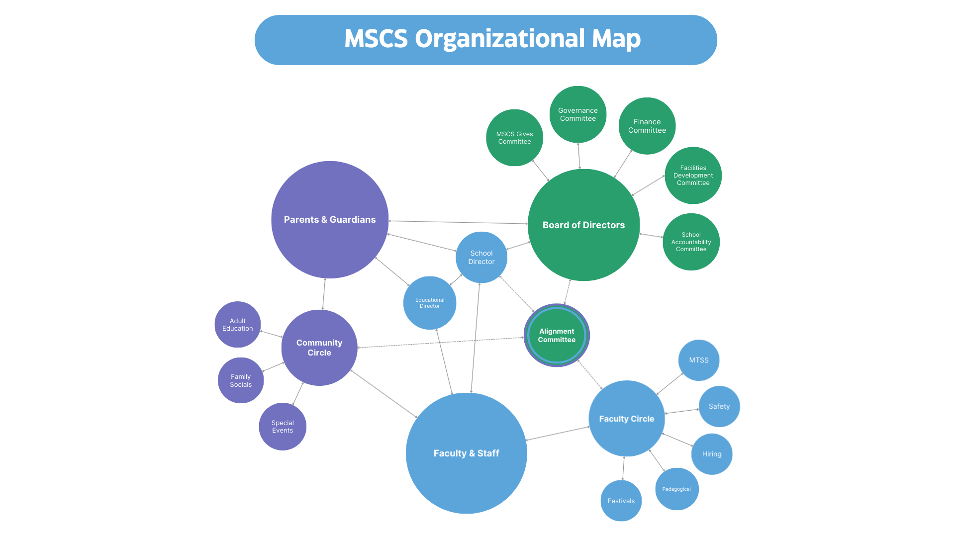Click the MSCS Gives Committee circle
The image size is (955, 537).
coord(514,138)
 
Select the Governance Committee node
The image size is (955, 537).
coord(578,114)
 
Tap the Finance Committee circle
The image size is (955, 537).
coord(647,126)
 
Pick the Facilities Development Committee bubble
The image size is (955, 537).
coord(693,175)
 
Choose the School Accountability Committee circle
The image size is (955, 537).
coord(691,242)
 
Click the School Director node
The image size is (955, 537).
coord(481,257)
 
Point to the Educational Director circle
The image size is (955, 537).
coord(430,303)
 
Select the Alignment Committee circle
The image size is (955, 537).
coord(557,335)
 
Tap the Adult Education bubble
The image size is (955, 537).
coord(238,325)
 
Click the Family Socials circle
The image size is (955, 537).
coord(241,380)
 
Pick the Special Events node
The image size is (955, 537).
coord(283,427)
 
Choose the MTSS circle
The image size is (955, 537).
coord(699,360)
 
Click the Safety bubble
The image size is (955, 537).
coord(719,406)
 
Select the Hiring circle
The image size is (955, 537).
coord(712,454)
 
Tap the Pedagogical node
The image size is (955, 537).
coord(676,489)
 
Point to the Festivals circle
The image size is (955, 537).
coord(621,501)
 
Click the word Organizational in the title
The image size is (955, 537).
coord(500,39)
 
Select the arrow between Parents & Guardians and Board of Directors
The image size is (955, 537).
coord(458,222)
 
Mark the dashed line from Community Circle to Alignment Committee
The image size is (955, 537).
coord(441,343)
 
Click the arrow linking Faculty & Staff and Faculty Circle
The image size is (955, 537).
coord(558,433)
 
